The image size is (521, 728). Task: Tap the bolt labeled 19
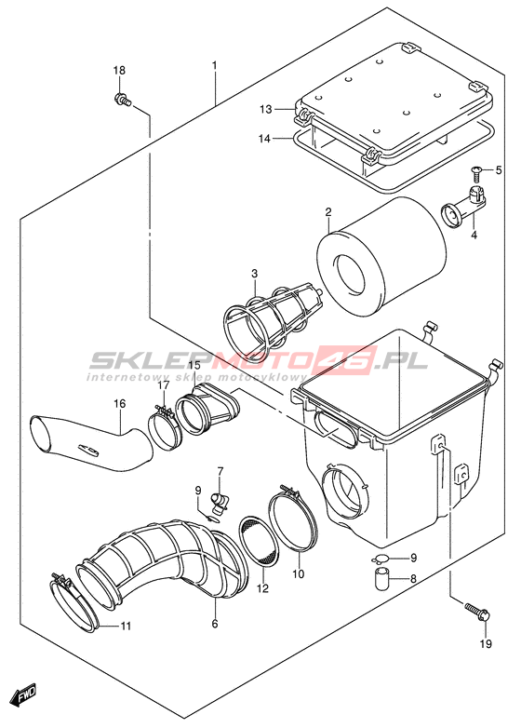(x=476, y=611)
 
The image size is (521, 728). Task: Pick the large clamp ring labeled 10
(x=293, y=516)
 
